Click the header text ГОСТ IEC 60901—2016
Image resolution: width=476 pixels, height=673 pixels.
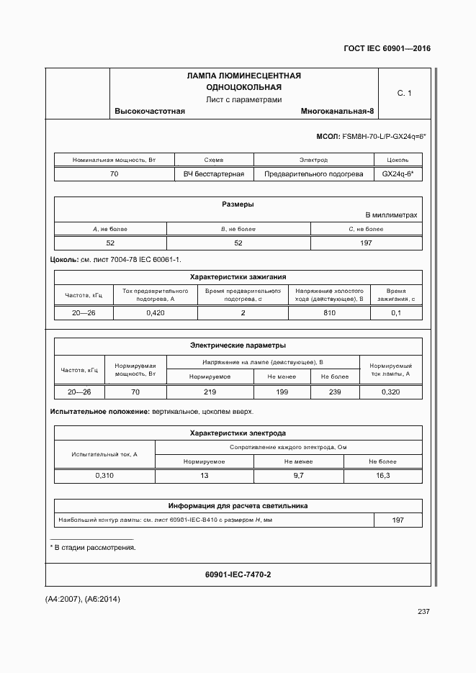click(387, 48)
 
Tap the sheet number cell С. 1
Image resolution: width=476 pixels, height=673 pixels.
click(404, 94)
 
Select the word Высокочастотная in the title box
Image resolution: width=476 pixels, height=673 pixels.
click(150, 112)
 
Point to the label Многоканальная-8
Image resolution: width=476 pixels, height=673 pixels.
click(338, 112)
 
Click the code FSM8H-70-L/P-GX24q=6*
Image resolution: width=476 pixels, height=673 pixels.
click(385, 136)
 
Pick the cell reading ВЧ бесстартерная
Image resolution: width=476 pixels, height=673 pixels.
click(214, 174)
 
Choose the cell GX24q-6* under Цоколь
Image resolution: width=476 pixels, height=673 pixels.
click(398, 174)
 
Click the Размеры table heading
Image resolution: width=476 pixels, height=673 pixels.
click(238, 204)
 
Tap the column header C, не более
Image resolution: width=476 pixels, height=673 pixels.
click(365, 229)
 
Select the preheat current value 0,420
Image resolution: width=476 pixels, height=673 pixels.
click(156, 313)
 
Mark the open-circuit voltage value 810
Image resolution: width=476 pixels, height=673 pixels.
click(329, 313)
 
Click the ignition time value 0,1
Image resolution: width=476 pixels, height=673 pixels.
click(395, 313)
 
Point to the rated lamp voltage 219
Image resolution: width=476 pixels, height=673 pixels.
click(210, 392)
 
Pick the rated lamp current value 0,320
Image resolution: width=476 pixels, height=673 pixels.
click(390, 392)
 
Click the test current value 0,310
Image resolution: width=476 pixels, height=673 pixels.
click(104, 476)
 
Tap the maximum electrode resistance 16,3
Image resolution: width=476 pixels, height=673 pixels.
click(383, 476)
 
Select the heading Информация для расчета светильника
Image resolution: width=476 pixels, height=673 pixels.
click(238, 506)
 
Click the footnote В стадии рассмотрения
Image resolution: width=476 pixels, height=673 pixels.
click(94, 548)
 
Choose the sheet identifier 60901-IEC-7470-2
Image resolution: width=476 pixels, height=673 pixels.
click(238, 574)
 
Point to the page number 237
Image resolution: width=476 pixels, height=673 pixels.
click(423, 612)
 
